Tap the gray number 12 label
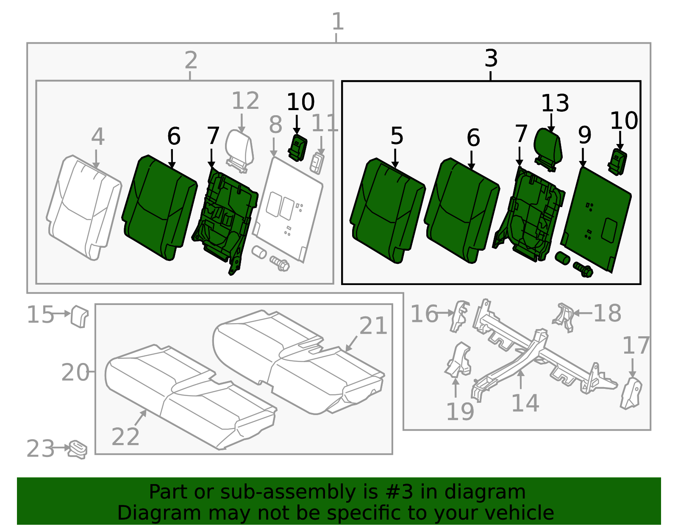pos(245,101)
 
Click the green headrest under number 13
pos(549,146)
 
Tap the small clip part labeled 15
pos(79,316)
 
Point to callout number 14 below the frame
pos(525,403)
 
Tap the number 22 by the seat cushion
pos(125,437)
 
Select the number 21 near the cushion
pos(373,326)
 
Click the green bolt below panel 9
pos(583,269)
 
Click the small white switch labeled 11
pos(317,163)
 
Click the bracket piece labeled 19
pos(459,360)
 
